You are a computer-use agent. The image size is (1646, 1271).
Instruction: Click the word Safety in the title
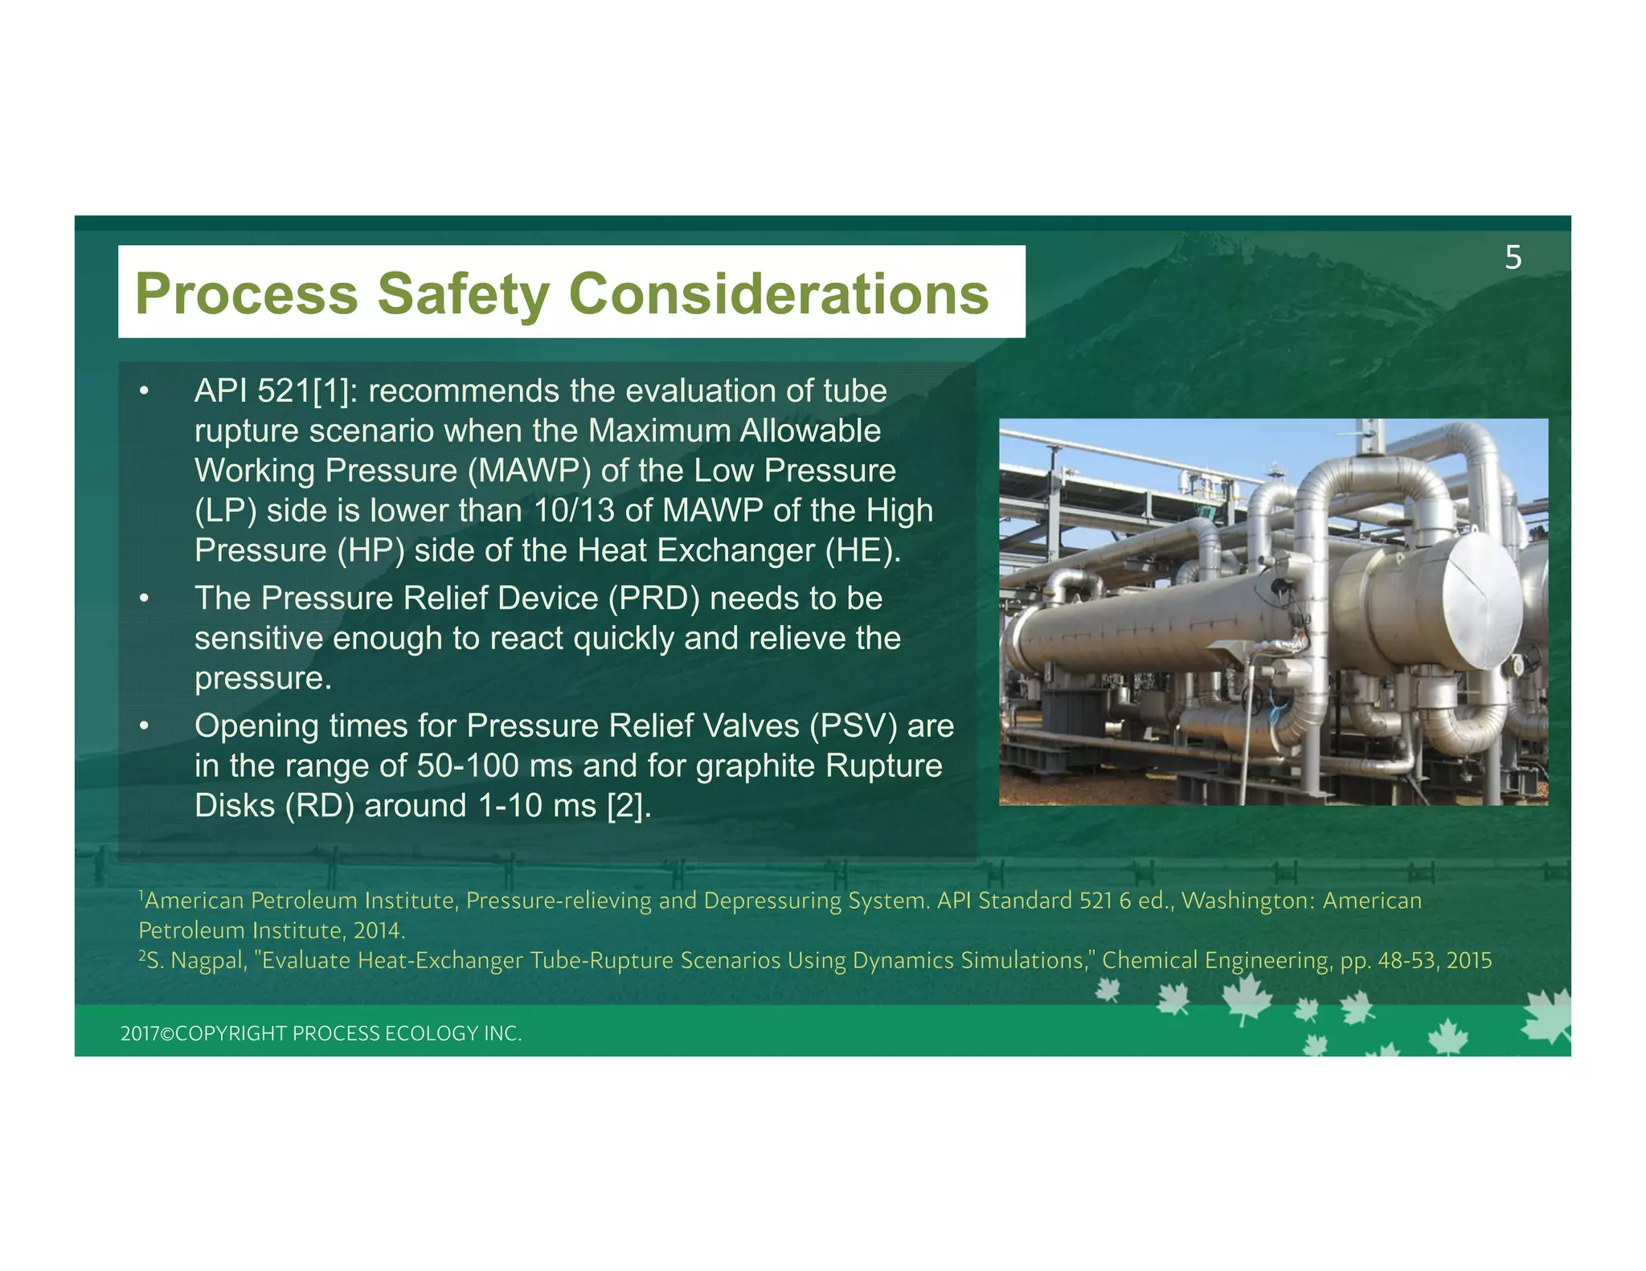pyautogui.click(x=464, y=294)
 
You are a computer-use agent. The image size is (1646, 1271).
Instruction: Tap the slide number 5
pyautogui.click(x=1513, y=258)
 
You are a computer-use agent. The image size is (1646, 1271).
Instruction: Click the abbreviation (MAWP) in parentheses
pyautogui.click(x=529, y=471)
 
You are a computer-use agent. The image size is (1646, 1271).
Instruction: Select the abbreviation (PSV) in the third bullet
pyautogui.click(x=854, y=726)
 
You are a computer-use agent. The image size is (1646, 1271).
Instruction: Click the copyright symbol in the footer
pyautogui.click(x=167, y=1034)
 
